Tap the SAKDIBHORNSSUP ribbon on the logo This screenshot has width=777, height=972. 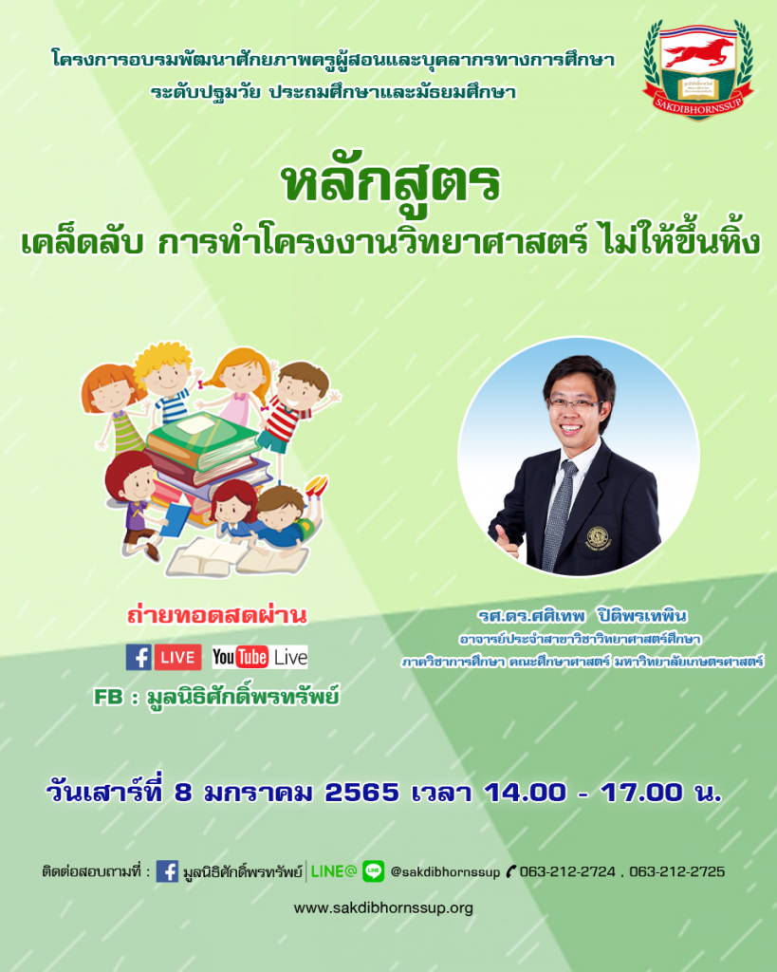698,102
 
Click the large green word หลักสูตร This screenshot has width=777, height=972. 390,183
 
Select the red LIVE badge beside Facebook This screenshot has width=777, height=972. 177,657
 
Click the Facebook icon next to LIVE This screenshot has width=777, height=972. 139,657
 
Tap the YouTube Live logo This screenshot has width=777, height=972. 260,657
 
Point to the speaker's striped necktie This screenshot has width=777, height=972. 558,514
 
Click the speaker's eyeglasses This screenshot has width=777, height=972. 574,403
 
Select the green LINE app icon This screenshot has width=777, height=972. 373,871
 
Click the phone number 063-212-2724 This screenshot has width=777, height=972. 567,871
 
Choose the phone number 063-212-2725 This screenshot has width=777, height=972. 677,871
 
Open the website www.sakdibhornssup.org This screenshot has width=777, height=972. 383,908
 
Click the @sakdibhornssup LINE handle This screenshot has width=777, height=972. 445,872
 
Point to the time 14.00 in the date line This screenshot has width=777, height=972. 525,793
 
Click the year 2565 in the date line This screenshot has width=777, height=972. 361,793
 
